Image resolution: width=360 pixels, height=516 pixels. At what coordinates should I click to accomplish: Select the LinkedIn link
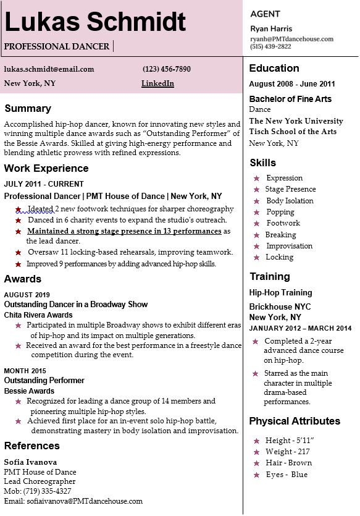[x=157, y=83]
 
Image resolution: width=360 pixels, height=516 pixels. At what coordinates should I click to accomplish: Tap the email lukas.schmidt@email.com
[x=49, y=69]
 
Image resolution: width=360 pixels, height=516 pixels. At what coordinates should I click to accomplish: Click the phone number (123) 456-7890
[x=167, y=69]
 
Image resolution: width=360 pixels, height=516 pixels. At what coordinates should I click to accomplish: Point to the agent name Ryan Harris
[x=271, y=28]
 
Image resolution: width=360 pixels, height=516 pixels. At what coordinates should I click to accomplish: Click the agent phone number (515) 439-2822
[x=270, y=46]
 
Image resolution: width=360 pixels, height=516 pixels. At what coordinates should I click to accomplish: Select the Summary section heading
[x=27, y=109]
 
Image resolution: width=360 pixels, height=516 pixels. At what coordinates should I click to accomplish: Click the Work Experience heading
[x=46, y=168]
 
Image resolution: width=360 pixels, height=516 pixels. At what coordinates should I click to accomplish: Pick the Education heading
[x=274, y=68]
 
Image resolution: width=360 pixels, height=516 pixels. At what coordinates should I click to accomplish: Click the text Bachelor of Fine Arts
[x=290, y=99]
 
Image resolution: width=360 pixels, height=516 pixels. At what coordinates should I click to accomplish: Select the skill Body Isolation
[x=290, y=201]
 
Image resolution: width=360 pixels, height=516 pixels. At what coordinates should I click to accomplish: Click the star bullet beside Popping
[x=256, y=213]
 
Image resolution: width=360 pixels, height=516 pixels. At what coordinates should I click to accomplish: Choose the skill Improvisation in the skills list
[x=289, y=246]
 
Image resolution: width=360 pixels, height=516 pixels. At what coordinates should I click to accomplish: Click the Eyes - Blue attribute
[x=286, y=475]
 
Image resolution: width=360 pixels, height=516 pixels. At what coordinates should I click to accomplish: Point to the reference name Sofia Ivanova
[x=30, y=462]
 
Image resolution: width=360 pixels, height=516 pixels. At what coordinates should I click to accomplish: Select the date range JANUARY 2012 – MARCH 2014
[x=300, y=328]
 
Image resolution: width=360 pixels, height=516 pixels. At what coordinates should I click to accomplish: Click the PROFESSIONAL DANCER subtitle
[x=57, y=46]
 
